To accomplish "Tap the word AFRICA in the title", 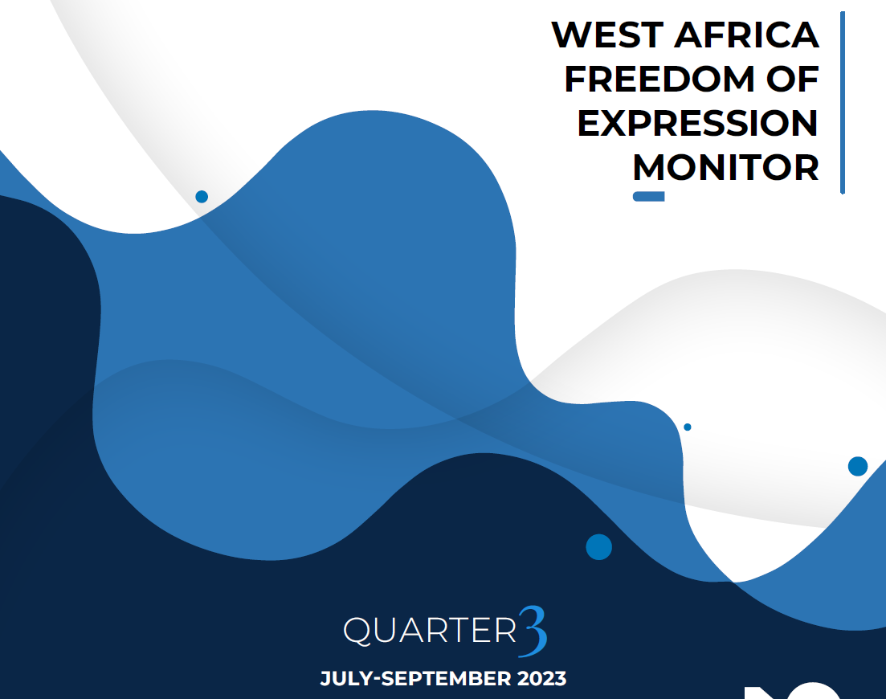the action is [746, 35].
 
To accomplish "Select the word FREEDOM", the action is [659, 79].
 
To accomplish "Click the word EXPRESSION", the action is [698, 123].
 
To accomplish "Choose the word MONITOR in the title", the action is [725, 167].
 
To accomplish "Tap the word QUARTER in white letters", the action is [430, 630].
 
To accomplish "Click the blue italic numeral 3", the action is [533, 632].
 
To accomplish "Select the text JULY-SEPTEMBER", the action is [415, 678].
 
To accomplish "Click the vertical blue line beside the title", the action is [843, 102].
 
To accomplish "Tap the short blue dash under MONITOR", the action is [649, 197].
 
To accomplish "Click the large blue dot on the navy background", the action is [599, 547].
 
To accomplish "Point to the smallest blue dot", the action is [687, 427].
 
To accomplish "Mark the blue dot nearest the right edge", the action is [858, 467].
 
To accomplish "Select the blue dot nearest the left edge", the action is [202, 197].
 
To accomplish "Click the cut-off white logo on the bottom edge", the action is [792, 693].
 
